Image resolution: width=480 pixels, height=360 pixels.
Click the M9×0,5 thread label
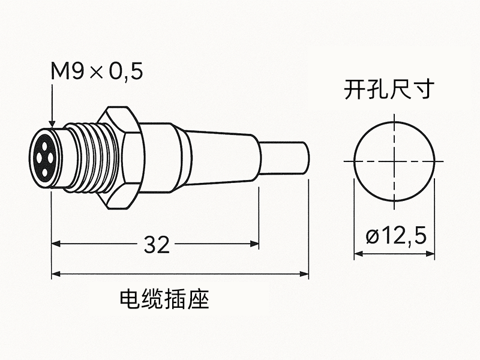point(97,72)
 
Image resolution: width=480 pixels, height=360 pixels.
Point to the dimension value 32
point(157,244)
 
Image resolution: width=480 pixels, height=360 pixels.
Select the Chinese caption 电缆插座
point(164,298)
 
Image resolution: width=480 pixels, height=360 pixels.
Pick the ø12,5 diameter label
point(395,236)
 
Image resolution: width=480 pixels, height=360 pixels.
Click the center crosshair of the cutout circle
point(394,162)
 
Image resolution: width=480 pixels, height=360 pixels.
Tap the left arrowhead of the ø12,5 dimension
point(358,254)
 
